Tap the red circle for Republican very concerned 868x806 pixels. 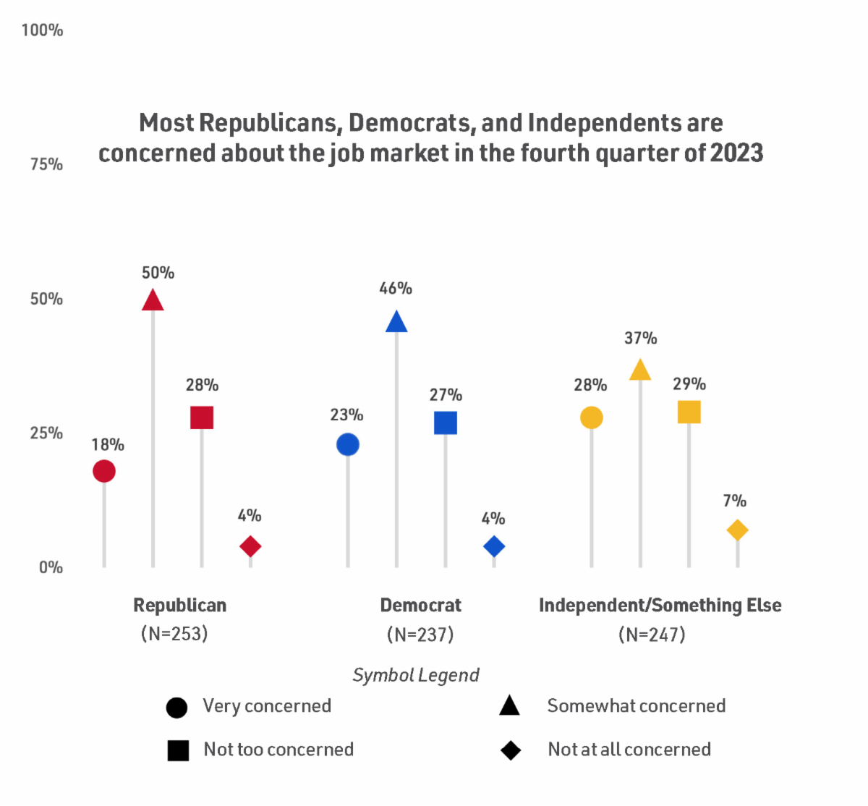click(104, 471)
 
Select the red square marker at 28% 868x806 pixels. click(202, 417)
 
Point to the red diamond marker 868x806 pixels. click(250, 546)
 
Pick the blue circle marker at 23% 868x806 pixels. click(348, 444)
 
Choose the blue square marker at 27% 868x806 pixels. click(446, 423)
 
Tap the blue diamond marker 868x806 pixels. click(494, 546)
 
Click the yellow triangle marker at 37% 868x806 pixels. click(640, 370)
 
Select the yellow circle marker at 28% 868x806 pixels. click(592, 417)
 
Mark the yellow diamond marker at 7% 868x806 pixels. click(737, 530)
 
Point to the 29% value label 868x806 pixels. click(689, 384)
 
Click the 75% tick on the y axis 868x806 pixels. click(46, 165)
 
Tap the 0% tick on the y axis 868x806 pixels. click(51, 568)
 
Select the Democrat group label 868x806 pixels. click(420, 606)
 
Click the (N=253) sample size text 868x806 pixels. click(174, 635)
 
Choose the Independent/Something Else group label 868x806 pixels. click(660, 606)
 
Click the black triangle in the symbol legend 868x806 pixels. click(510, 706)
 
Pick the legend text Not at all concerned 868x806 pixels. click(629, 750)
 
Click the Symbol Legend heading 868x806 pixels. click(416, 676)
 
